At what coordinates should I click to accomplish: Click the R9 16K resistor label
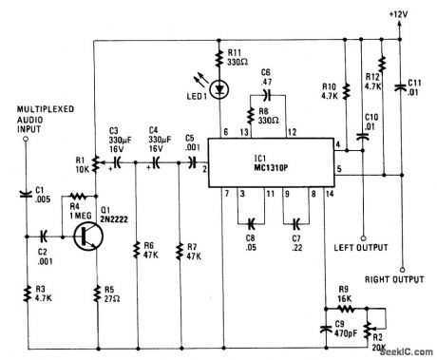click(351, 294)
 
